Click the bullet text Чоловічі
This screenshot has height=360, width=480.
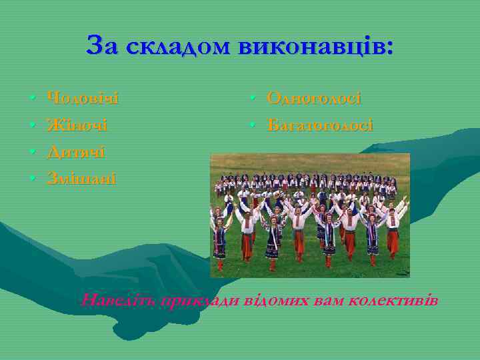click(x=83, y=99)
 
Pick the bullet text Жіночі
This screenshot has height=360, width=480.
click(x=77, y=125)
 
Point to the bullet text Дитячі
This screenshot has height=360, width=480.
click(x=75, y=152)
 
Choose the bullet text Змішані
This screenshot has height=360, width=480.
click(x=81, y=178)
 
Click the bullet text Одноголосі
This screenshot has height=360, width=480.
click(x=314, y=99)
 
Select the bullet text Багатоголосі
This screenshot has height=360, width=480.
click(x=320, y=125)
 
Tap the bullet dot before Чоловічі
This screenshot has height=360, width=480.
click(x=33, y=100)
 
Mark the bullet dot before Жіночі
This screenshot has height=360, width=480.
click(x=33, y=127)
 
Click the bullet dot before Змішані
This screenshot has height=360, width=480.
click(x=33, y=179)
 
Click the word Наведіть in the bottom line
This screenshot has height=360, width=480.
click(x=117, y=300)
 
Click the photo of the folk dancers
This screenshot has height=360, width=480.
click(x=310, y=215)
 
